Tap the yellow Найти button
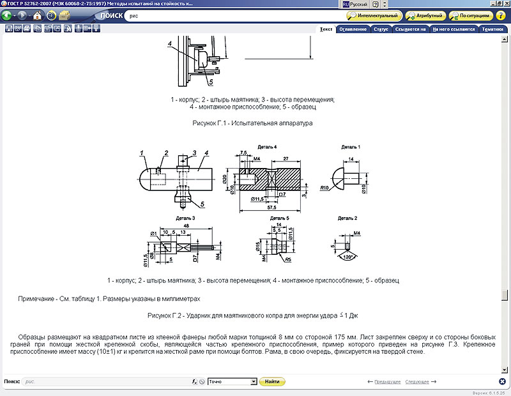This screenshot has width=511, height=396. click(x=272, y=381)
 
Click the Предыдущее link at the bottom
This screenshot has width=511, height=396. click(x=388, y=381)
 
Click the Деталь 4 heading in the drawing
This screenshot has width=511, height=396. click(x=267, y=147)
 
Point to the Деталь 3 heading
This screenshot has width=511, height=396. click(x=184, y=218)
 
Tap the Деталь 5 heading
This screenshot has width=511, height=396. click(x=279, y=218)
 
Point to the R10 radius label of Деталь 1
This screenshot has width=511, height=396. click(x=324, y=188)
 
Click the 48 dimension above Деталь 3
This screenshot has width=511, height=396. click(x=185, y=225)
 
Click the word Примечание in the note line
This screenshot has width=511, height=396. click(x=38, y=298)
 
